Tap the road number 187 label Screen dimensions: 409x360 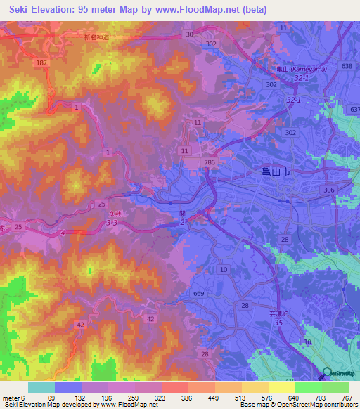tap(43, 63)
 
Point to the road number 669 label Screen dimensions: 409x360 tap(198, 293)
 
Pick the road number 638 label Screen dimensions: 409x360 tap(346, 66)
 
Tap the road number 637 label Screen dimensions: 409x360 tap(354, 110)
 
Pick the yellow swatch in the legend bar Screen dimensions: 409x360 tap(281, 387)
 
